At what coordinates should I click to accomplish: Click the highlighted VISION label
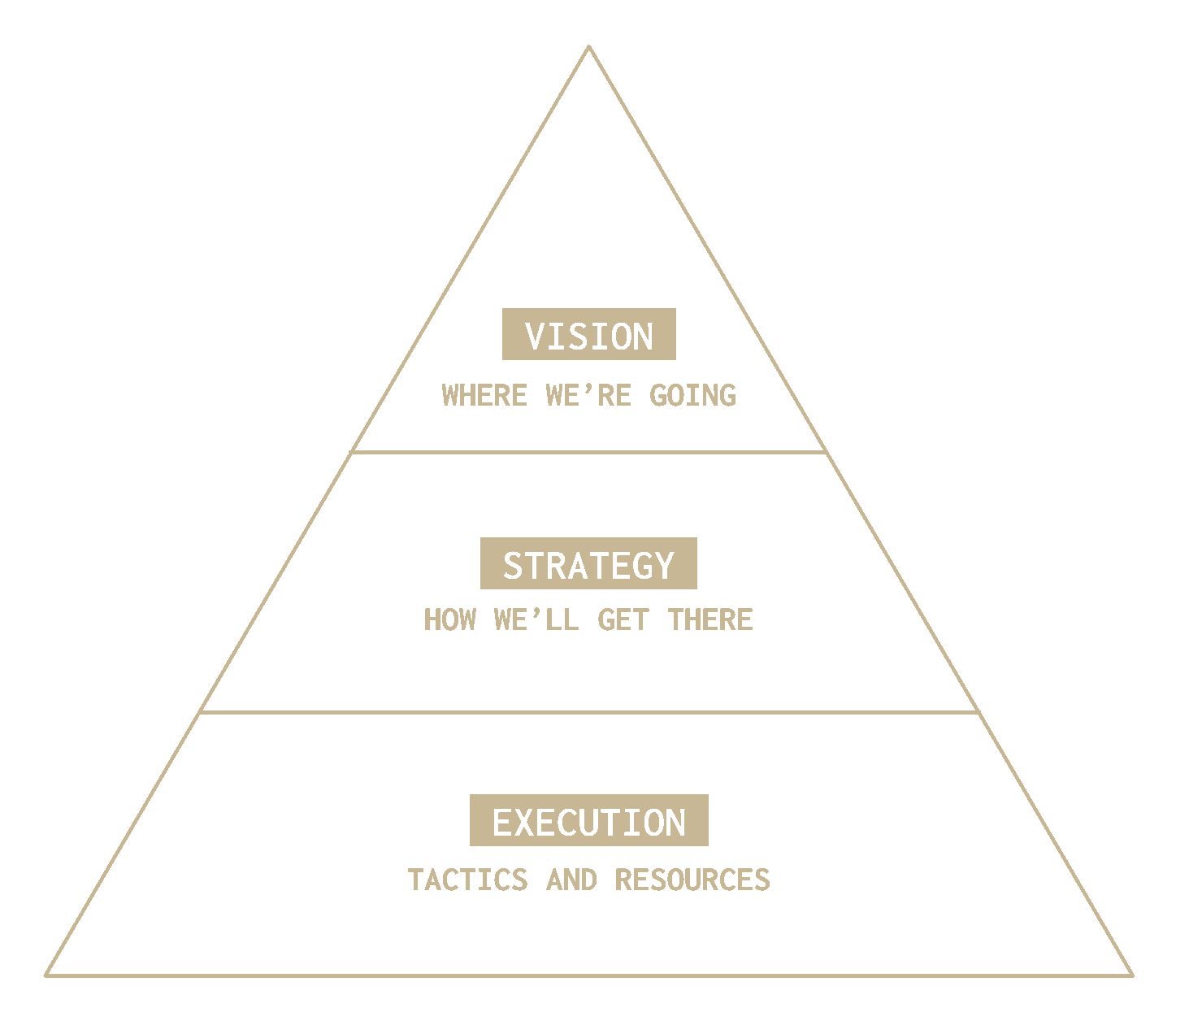588,334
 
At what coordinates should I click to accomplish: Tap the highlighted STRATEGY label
588,563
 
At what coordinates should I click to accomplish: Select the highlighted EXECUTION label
588,821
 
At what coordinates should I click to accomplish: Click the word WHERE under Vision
484,396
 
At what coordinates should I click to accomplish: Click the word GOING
692,396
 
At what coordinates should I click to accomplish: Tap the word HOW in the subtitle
449,620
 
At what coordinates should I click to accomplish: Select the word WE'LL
536,620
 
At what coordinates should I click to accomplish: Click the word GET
623,620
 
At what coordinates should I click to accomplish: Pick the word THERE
710,620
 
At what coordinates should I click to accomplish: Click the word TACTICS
467,880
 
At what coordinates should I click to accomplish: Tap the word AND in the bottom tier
571,880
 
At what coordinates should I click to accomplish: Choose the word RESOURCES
692,880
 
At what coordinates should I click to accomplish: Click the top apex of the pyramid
588,48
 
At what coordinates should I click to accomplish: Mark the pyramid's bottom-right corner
1131,974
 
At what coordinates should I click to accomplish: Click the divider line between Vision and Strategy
588,451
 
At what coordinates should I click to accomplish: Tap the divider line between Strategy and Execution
588,712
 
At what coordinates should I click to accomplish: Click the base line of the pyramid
588,975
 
